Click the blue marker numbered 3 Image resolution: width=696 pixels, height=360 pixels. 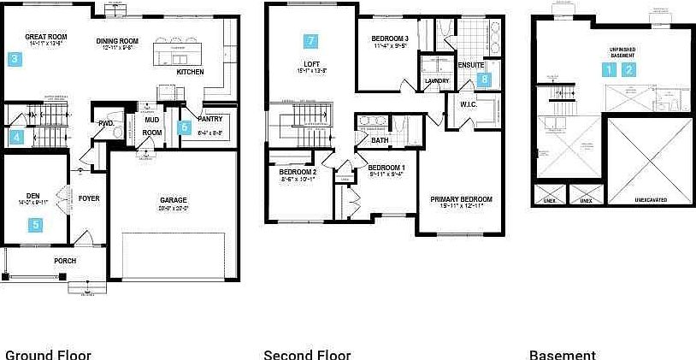[x=15, y=60]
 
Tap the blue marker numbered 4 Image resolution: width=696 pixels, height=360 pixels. [x=16, y=136]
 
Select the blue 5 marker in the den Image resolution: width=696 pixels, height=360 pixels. [x=35, y=225]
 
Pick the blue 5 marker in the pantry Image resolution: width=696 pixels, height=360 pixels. [x=184, y=128]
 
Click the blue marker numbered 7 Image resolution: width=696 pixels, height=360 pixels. [x=310, y=40]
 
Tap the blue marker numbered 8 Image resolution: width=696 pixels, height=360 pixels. [x=484, y=80]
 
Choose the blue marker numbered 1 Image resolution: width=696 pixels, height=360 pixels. [x=609, y=70]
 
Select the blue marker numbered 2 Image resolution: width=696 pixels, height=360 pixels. [x=629, y=70]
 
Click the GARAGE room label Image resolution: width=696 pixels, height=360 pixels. [x=174, y=201]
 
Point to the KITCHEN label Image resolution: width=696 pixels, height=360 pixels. [x=190, y=73]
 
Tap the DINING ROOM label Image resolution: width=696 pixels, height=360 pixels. [x=117, y=40]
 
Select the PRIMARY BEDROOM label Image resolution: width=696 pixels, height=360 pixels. [x=461, y=199]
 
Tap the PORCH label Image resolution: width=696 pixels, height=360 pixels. [x=65, y=261]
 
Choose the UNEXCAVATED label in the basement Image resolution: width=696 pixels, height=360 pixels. [x=651, y=199]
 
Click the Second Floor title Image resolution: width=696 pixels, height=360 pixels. [x=307, y=355]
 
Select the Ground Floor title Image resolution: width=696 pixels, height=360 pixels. [x=48, y=355]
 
